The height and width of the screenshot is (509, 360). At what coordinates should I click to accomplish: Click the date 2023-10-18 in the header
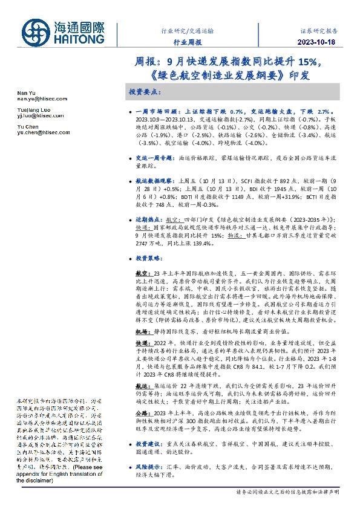(319, 42)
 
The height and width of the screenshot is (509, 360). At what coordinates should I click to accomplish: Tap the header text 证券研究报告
(319, 30)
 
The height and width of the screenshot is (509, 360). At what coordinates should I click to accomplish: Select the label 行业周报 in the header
(186, 43)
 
